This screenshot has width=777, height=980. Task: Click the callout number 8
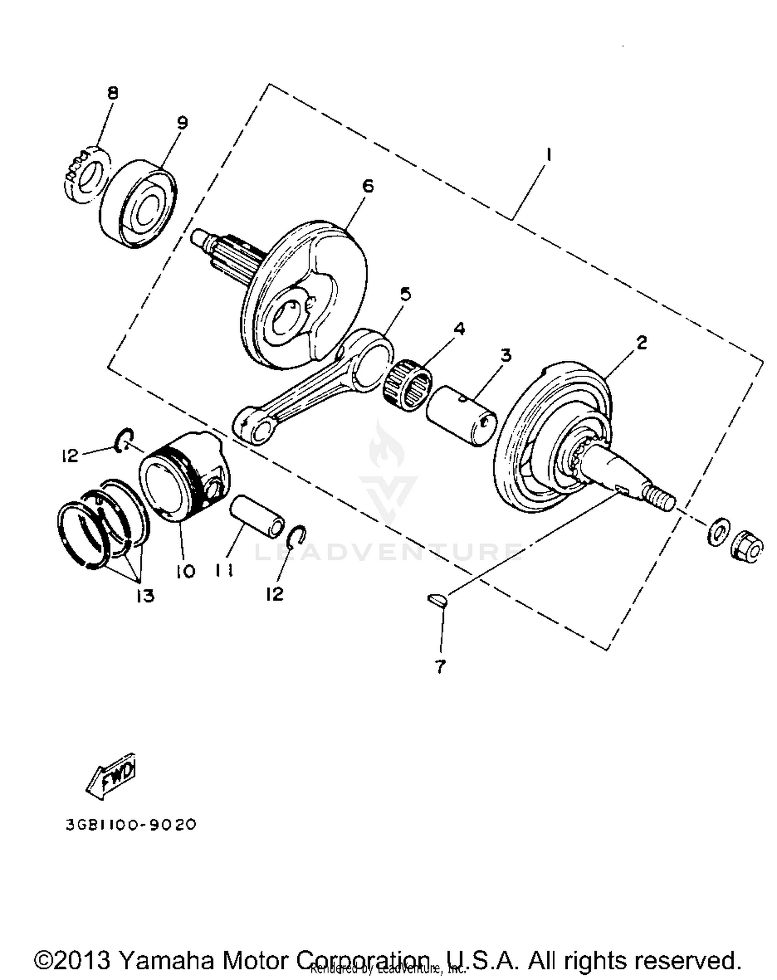coord(112,93)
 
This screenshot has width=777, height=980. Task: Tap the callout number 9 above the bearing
coord(182,123)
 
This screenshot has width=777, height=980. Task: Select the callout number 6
coord(367,185)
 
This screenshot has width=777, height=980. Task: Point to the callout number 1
coord(548,154)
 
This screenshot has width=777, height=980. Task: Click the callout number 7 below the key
coord(440,666)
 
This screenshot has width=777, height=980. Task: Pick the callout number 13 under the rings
coord(146,596)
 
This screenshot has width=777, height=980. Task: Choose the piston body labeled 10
coord(184,476)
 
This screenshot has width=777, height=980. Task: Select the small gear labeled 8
coord(87,174)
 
